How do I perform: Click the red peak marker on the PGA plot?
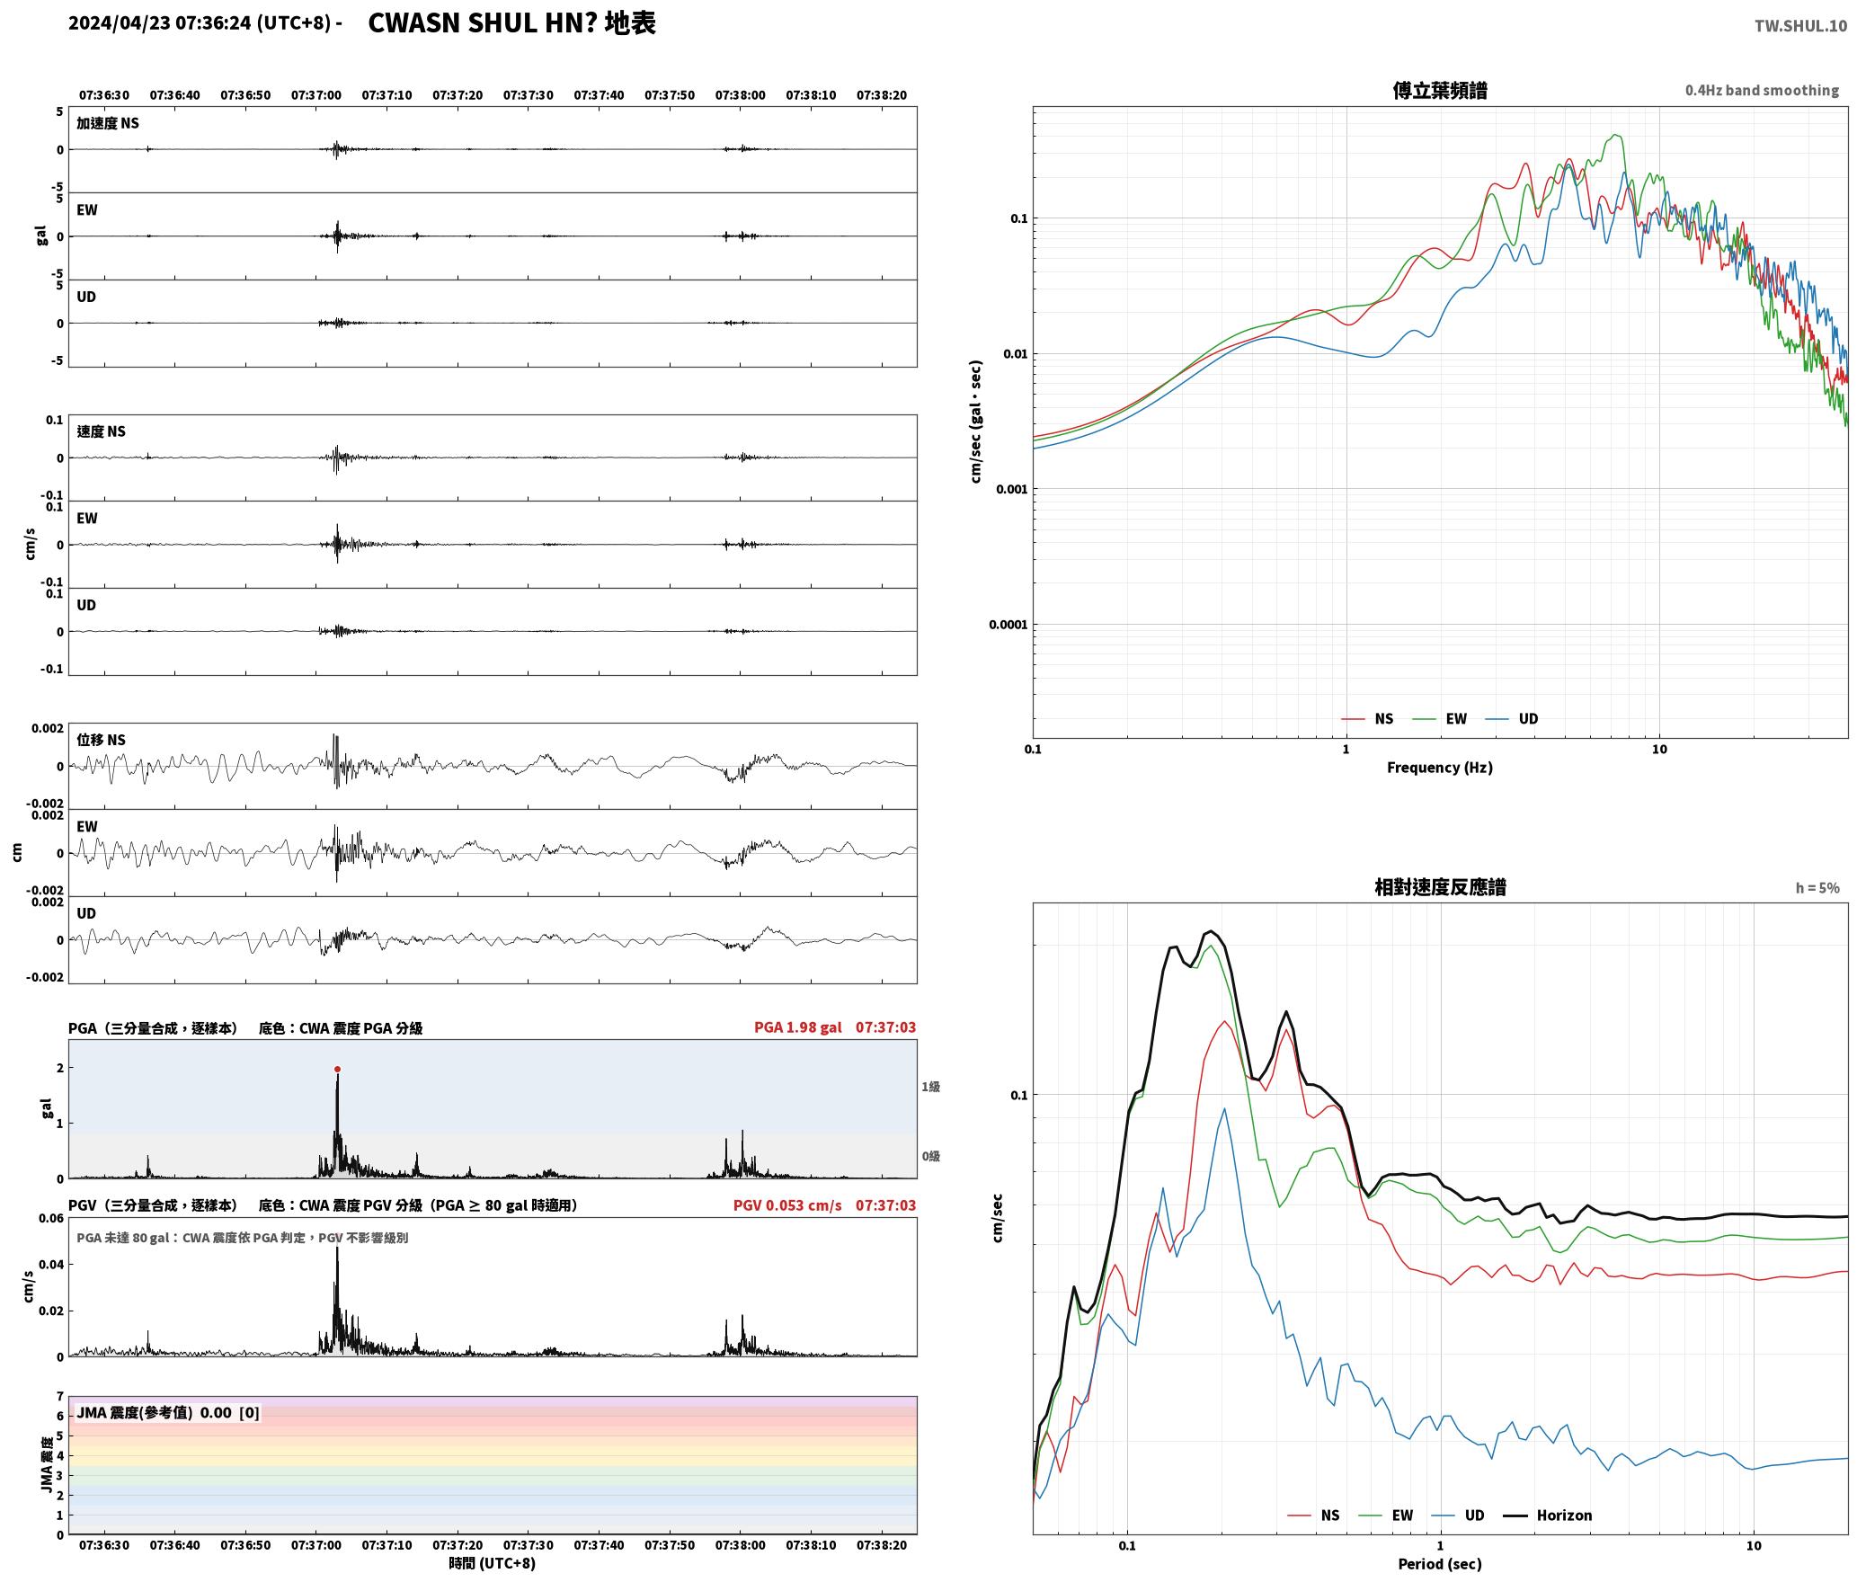pyautogui.click(x=337, y=1069)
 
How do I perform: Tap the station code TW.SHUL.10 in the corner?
pyautogui.click(x=1800, y=26)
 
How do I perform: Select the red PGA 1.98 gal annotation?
pyautogui.click(x=798, y=1027)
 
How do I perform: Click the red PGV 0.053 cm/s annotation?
pyautogui.click(x=787, y=1205)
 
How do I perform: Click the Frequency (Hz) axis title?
pyautogui.click(x=1439, y=767)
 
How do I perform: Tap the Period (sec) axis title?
pyautogui.click(x=1439, y=1563)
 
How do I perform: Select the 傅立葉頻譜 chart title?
pyautogui.click(x=1439, y=90)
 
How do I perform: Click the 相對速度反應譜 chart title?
pyautogui.click(x=1440, y=886)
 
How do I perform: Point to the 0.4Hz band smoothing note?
pyautogui.click(x=1762, y=90)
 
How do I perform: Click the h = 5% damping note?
pyautogui.click(x=1817, y=887)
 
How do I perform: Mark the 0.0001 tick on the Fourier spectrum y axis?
pyautogui.click(x=1008, y=625)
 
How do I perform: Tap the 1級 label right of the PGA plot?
pyautogui.click(x=930, y=1087)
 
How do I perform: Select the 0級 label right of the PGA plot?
pyautogui.click(x=930, y=1156)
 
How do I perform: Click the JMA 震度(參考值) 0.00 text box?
pyautogui.click(x=168, y=1412)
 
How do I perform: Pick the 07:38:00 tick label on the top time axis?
pyautogui.click(x=740, y=94)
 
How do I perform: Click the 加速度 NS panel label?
pyautogui.click(x=108, y=123)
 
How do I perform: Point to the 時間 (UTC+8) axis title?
pyautogui.click(x=492, y=1563)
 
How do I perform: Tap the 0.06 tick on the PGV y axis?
pyautogui.click(x=51, y=1219)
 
